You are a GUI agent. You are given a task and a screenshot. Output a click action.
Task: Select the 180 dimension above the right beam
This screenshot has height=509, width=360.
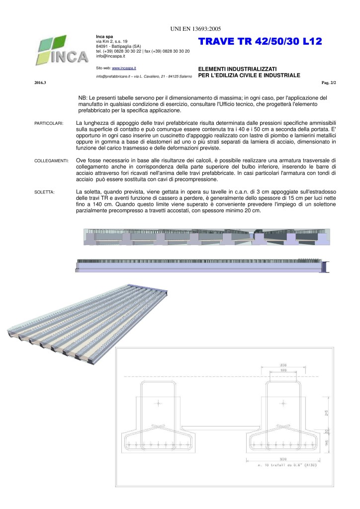282,370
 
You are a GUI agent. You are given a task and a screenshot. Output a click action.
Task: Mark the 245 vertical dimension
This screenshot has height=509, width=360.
326,412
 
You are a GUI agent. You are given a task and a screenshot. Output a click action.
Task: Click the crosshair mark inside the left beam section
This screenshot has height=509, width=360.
158,404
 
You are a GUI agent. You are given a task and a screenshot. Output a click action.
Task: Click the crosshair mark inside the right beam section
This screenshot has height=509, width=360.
282,404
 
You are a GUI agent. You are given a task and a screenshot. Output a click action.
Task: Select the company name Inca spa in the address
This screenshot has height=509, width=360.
104,36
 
